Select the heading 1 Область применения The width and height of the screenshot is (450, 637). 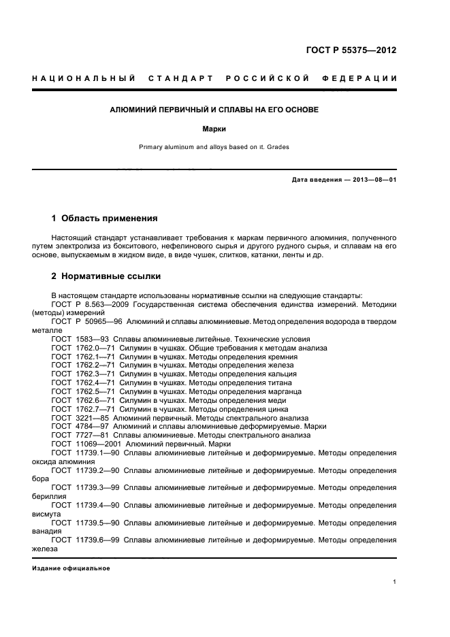(105, 218)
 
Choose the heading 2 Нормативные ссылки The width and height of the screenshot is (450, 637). (106, 277)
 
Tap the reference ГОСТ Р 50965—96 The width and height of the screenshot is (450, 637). (86, 321)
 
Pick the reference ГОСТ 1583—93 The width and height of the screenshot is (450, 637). (80, 338)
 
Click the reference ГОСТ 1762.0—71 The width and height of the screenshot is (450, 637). (83, 347)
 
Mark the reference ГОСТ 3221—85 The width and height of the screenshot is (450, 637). (80, 418)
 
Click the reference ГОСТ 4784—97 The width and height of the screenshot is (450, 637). (80, 427)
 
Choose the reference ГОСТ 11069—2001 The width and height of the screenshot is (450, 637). (85, 444)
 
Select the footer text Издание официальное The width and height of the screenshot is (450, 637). (71, 568)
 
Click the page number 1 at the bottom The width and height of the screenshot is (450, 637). (395, 582)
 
